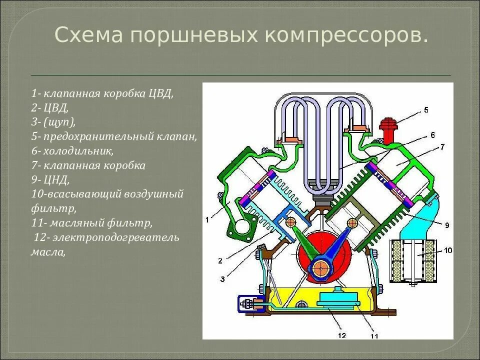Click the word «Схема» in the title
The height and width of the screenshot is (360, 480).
click(x=88, y=35)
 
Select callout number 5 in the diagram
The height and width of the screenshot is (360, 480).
click(x=425, y=109)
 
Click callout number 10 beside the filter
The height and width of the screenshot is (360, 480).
click(x=447, y=250)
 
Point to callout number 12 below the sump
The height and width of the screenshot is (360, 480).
click(x=342, y=335)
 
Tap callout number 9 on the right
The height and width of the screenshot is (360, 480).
click(x=446, y=225)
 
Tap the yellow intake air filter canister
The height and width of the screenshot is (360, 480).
click(x=413, y=259)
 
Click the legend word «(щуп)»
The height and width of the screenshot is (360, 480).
click(x=59, y=122)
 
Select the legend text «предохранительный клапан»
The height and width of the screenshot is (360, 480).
click(x=120, y=136)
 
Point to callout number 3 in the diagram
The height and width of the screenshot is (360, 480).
click(x=221, y=278)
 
